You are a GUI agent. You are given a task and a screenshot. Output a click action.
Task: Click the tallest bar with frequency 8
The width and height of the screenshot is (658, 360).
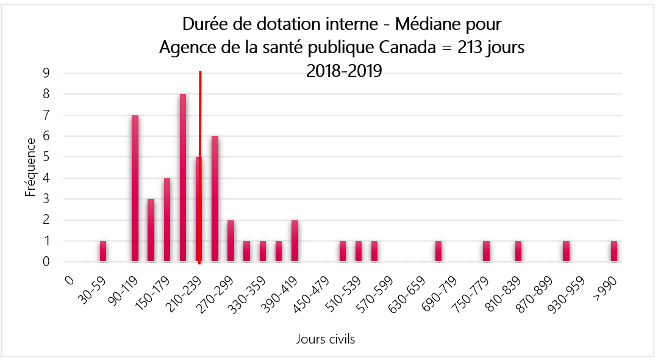coord(183,178)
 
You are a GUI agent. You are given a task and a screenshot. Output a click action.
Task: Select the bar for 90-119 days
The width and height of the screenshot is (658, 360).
coord(135,189)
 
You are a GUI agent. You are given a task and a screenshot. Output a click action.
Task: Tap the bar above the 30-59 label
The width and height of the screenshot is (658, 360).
coord(103,251)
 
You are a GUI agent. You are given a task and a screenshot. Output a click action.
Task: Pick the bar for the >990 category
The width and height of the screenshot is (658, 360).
coord(614,251)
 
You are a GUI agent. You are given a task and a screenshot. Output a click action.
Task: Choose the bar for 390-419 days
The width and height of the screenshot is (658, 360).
coord(295,241)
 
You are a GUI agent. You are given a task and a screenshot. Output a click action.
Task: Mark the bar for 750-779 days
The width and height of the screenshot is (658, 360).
coord(486,251)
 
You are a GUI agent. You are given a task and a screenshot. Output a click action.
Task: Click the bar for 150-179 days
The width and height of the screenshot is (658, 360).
coord(167,220)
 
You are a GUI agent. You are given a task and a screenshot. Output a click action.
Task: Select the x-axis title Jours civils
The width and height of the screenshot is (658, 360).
coord(326,339)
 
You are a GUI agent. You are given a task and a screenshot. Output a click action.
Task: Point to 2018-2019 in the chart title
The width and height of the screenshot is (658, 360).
coord(344,70)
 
